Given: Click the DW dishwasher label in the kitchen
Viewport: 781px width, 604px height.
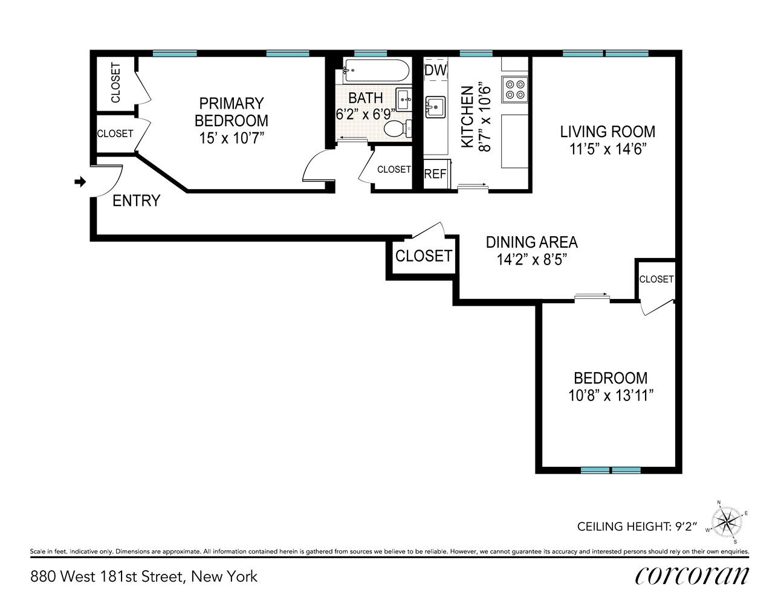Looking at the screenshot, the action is [x=435, y=71].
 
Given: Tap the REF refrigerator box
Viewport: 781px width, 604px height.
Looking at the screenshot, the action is [x=436, y=173].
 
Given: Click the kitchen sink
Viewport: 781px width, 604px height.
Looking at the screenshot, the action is [x=435, y=107].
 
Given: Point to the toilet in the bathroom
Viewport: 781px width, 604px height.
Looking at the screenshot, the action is [x=398, y=129].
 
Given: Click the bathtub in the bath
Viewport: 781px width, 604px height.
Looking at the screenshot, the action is [x=375, y=71].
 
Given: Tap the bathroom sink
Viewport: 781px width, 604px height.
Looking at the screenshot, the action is [x=404, y=100].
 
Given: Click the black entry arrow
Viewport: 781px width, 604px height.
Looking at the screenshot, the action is [x=80, y=182].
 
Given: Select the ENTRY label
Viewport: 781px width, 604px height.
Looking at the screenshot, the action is [x=136, y=201].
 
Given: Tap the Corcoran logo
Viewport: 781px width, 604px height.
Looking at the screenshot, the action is [x=692, y=577].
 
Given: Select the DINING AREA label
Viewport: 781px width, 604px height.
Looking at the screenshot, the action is [x=531, y=242].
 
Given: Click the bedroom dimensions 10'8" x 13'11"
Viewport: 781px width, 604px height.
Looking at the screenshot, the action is [x=611, y=396].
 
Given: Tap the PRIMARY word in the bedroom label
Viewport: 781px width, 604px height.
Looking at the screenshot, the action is [x=232, y=103].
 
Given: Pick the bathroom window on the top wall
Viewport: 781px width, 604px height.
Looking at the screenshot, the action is [x=371, y=54].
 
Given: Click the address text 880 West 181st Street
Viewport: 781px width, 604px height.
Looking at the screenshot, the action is [x=108, y=577].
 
